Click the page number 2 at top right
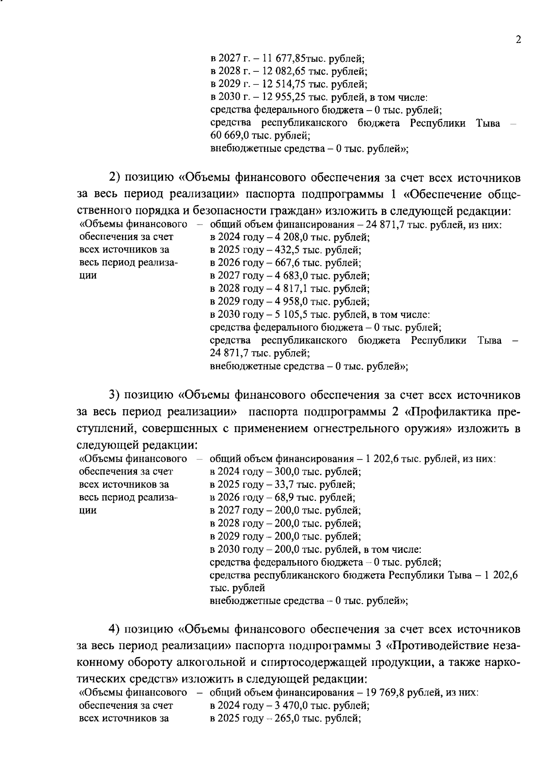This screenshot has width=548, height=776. [x=518, y=40]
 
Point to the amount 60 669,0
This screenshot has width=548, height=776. [x=229, y=136]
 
